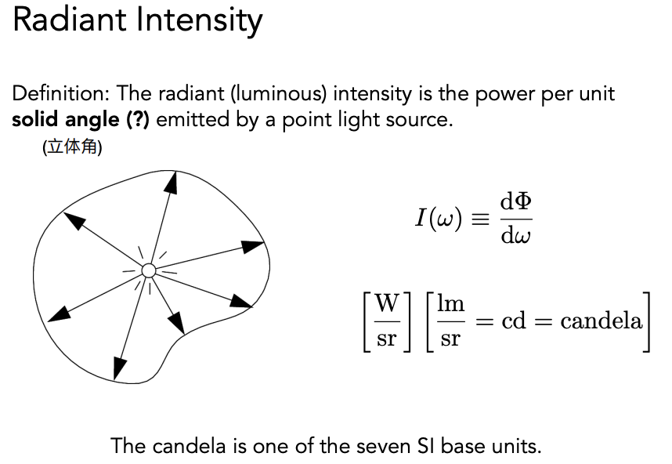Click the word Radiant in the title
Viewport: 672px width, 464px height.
point(67,21)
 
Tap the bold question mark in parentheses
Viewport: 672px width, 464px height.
point(137,121)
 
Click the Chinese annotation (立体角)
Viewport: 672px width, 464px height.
point(73,147)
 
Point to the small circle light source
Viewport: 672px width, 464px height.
point(148,271)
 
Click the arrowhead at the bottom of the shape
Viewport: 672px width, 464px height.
point(120,366)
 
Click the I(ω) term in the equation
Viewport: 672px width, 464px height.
point(439,218)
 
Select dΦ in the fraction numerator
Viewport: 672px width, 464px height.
point(515,203)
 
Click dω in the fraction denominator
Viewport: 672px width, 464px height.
point(515,234)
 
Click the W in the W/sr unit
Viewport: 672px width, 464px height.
point(387,304)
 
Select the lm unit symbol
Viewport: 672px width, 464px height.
point(450,304)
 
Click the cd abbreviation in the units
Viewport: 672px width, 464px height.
point(513,321)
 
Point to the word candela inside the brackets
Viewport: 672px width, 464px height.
point(601,321)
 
